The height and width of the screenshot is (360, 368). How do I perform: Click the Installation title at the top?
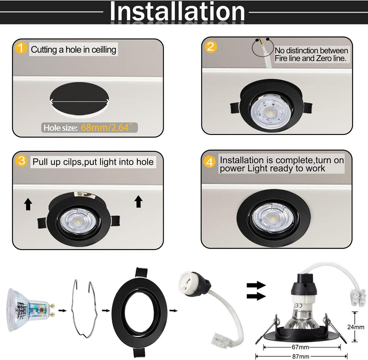pyautogui.click(x=177, y=11)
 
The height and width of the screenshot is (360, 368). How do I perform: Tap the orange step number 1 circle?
pyautogui.click(x=21, y=47)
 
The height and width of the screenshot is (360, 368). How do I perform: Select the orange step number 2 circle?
pyautogui.click(x=210, y=47)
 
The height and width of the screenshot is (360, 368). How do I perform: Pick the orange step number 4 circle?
pyautogui.click(x=209, y=162)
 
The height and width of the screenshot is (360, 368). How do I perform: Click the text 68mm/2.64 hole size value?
pyautogui.click(x=108, y=128)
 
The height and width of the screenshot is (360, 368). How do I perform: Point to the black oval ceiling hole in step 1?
pyautogui.click(x=79, y=99)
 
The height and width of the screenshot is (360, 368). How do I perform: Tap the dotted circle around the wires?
pyautogui.click(x=263, y=47)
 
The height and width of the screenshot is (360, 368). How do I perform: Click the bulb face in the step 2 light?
pyautogui.click(x=269, y=111)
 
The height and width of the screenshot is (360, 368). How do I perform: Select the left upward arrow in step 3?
pyautogui.click(x=28, y=204)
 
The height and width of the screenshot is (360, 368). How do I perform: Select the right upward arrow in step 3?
pyautogui.click(x=138, y=202)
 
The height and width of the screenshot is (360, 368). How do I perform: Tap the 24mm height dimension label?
pyautogui.click(x=356, y=327)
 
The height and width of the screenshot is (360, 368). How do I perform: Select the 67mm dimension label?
pyautogui.click(x=300, y=347)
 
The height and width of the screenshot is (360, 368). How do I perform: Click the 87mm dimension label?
pyautogui.click(x=301, y=356)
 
